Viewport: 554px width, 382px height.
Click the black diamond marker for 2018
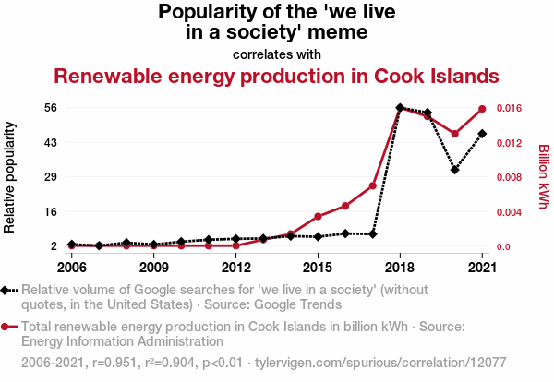click(x=400, y=108)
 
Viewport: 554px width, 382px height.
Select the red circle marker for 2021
click(x=482, y=110)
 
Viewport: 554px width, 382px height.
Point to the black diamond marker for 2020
click(x=454, y=170)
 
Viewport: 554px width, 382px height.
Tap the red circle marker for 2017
click(x=373, y=185)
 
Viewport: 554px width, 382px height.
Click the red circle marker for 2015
click(x=318, y=217)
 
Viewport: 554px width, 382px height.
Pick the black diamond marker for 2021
click(x=482, y=134)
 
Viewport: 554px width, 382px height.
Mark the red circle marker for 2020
click(x=454, y=134)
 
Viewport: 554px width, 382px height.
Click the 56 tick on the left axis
click(x=52, y=108)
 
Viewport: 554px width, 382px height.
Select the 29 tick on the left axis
click(x=52, y=177)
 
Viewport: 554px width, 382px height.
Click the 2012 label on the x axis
click(x=236, y=268)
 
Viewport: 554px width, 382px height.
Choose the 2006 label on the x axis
click(x=71, y=268)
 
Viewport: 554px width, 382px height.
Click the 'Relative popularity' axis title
click(x=11, y=175)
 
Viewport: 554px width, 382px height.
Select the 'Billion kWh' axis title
click(x=543, y=175)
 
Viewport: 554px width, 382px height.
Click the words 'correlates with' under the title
click(x=277, y=54)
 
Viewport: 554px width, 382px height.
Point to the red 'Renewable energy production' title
click(x=277, y=75)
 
